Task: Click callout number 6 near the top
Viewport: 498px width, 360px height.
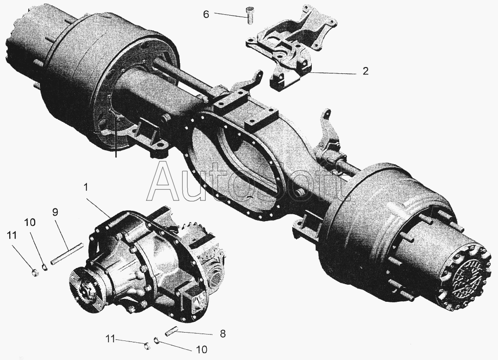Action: point(206,14)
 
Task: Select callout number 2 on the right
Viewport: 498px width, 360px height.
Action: point(366,71)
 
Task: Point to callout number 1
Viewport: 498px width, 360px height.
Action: point(86,187)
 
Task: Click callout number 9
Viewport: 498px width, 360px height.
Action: point(55,212)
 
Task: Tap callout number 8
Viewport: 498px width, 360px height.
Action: point(223,334)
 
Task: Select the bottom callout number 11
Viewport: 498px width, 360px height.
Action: point(110,339)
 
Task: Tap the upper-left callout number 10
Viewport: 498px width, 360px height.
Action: point(29,222)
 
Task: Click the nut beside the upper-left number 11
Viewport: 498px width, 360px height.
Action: point(36,272)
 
